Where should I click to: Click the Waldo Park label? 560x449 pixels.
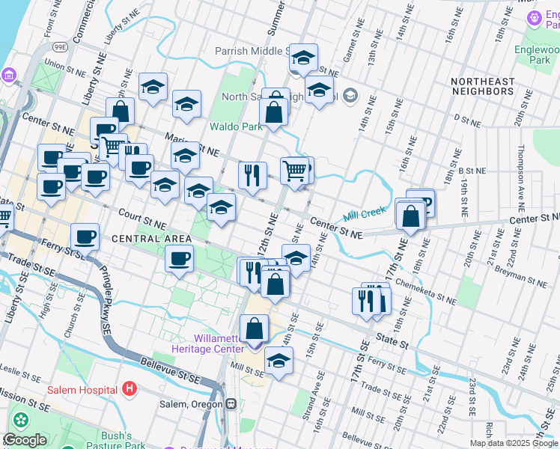pos(236,126)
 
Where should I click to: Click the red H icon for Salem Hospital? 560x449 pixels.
pos(130,389)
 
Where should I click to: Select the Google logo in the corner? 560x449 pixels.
pos(24,440)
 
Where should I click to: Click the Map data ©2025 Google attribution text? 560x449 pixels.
pos(514,443)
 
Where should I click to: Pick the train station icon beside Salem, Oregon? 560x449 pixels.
pos(231,404)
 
